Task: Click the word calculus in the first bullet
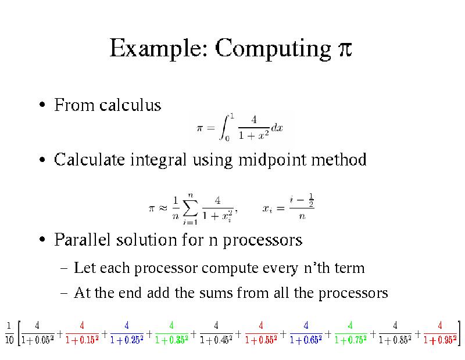pyautogui.click(x=130, y=105)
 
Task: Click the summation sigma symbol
pyautogui.click(x=190, y=208)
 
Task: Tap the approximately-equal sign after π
pyautogui.click(x=163, y=208)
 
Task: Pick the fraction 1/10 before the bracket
pyautogui.click(x=9, y=333)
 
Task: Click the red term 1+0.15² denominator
pyautogui.click(x=82, y=340)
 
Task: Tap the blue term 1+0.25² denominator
pyautogui.click(x=127, y=340)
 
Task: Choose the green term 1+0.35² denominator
pyautogui.click(x=171, y=340)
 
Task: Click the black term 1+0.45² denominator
pyautogui.click(x=216, y=340)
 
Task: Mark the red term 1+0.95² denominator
pyautogui.click(x=440, y=340)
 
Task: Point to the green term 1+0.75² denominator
pyautogui.click(x=350, y=340)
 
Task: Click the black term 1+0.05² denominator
pyautogui.click(x=37, y=340)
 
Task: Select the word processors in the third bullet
pyautogui.click(x=263, y=240)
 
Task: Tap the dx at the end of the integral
pyautogui.click(x=277, y=128)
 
